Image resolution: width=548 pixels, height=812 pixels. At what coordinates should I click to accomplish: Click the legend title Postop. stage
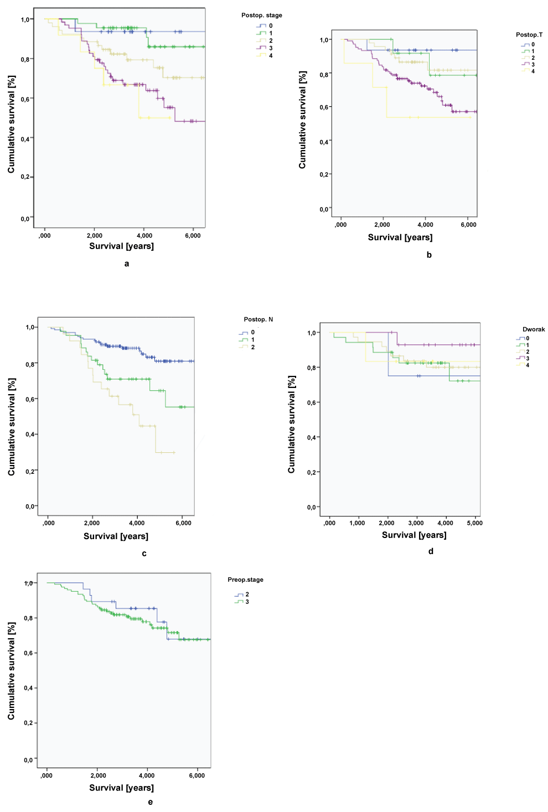(x=261, y=15)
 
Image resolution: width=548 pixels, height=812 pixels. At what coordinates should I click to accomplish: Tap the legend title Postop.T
(x=529, y=35)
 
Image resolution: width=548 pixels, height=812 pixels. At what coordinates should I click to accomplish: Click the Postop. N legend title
(x=258, y=319)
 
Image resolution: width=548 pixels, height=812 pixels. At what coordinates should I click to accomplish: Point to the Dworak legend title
(x=533, y=329)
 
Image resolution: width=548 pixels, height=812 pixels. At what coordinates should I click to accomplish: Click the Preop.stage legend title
(x=245, y=580)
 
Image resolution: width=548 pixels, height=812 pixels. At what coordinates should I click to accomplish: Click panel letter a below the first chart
(x=127, y=264)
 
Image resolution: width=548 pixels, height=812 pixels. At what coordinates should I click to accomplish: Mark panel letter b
(x=429, y=255)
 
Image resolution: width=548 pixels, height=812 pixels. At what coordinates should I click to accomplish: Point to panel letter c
(x=144, y=554)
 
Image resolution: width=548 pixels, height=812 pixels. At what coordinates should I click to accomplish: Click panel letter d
(x=431, y=551)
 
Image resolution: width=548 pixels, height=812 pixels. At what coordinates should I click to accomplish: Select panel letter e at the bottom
(x=151, y=802)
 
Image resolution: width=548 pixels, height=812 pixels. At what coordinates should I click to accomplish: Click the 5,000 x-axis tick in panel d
(x=474, y=523)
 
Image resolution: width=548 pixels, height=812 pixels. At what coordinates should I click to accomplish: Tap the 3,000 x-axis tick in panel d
(x=416, y=523)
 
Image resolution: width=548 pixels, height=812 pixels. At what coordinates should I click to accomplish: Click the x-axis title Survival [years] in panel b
(x=400, y=237)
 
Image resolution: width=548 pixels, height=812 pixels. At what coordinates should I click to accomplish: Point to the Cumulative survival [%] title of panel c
(x=12, y=427)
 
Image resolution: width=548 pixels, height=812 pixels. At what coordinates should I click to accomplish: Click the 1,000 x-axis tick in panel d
(x=357, y=523)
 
